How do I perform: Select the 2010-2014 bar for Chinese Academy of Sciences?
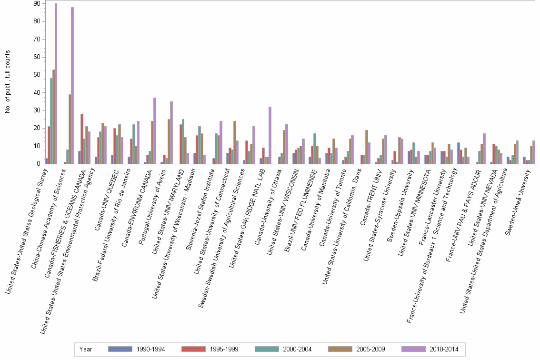click(x=72, y=86)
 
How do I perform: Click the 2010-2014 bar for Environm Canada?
click(x=155, y=131)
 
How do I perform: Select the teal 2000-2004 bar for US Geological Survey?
click(x=51, y=121)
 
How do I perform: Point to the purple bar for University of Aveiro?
click(x=171, y=133)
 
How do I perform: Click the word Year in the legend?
click(x=86, y=350)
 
